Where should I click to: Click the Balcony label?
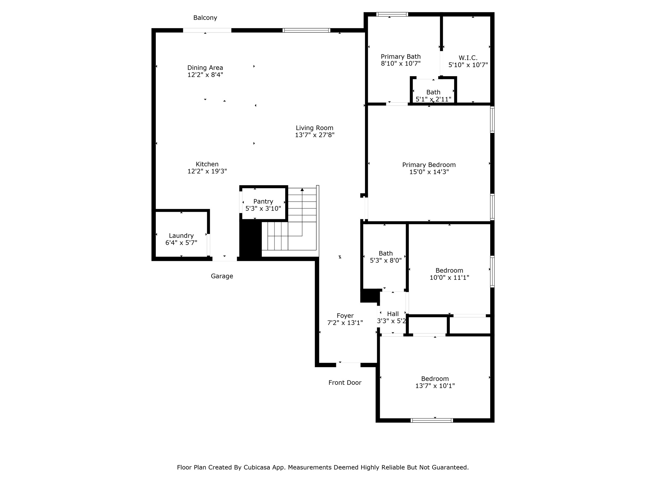point(205,18)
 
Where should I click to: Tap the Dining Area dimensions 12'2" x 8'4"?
point(205,75)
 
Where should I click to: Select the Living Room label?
point(314,128)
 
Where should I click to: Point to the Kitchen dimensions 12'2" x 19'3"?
point(207,171)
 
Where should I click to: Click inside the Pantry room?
point(263,205)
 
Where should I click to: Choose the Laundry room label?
point(181,236)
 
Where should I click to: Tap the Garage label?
point(222,276)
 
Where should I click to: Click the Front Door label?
point(345,383)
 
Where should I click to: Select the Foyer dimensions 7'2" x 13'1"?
point(345,323)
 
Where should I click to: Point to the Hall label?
point(393,314)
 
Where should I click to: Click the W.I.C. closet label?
point(468,58)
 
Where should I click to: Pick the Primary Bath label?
point(401,57)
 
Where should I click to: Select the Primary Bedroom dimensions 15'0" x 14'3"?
point(429,172)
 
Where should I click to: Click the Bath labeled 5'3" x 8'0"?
point(386,257)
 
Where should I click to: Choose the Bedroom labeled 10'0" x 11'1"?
point(449,274)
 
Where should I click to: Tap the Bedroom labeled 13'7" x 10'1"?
point(435,382)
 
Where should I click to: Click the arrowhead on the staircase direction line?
point(302,190)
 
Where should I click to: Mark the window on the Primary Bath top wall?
point(392,14)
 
